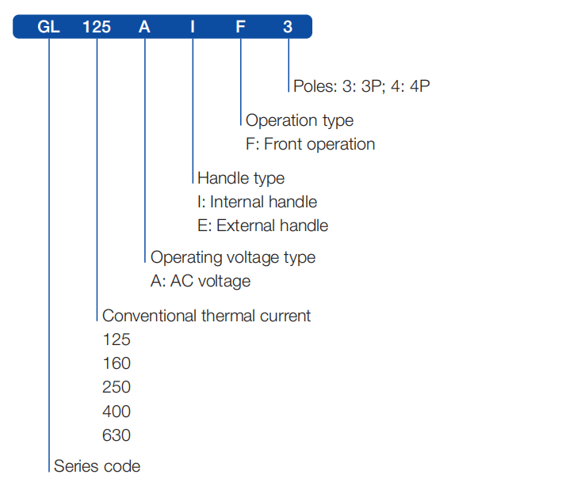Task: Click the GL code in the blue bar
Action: coord(48,27)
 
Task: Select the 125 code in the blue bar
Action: coord(97,27)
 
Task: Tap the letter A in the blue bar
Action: coord(144,27)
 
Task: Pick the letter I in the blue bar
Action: coord(192,27)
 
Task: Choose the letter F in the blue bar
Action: coord(240,27)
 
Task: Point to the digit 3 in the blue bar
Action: coord(288,27)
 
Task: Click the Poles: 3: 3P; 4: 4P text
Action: coord(361,86)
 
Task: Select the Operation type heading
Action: coord(300,120)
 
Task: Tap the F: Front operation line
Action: coord(310,144)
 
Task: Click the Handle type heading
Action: coord(241,178)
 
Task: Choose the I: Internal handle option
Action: coord(257,202)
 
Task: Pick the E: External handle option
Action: coord(262,226)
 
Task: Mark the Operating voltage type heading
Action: coord(233,257)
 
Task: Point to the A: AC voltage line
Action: coord(201,281)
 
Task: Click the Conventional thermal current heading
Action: coord(207,316)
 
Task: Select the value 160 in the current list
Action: coord(117,364)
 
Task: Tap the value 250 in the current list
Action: coord(117,388)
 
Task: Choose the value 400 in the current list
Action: coord(117,412)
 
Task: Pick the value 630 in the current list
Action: coord(117,435)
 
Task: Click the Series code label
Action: coord(97,466)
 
